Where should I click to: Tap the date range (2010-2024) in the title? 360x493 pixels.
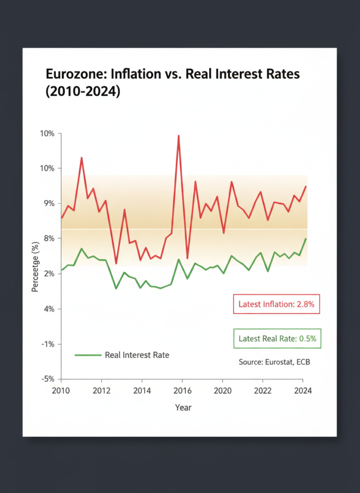coord(82,91)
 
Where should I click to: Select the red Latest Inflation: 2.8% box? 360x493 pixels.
coord(276,304)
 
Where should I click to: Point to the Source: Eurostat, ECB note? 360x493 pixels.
coord(274,362)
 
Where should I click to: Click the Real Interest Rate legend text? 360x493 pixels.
coord(137,355)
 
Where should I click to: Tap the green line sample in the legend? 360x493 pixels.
coord(89,355)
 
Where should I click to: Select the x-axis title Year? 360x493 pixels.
coord(183,408)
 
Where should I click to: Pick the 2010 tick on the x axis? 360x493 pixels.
coord(61,390)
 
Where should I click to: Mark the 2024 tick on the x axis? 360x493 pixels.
coord(302,390)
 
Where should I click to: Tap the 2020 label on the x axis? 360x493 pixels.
coord(222,390)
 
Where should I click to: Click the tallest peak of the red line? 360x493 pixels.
coord(178,136)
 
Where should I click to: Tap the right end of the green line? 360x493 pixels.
coord(306,239)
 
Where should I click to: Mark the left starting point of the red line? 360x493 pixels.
coord(62,218)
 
